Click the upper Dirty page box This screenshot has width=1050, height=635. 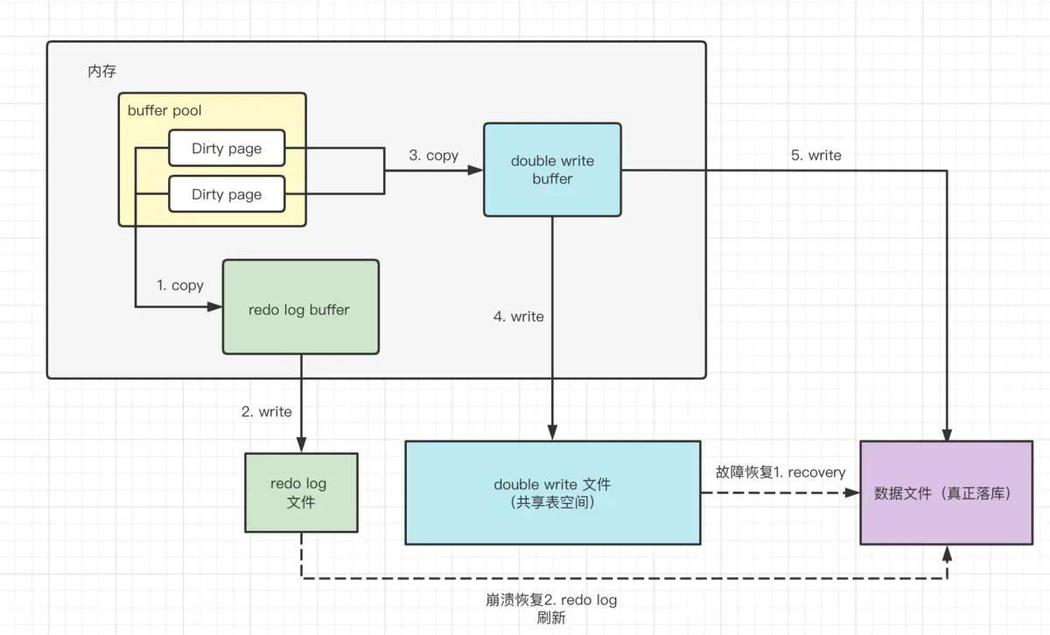(x=227, y=148)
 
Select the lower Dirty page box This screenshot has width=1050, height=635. (x=227, y=194)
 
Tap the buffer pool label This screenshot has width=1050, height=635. (x=164, y=110)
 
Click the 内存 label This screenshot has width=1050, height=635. (x=101, y=72)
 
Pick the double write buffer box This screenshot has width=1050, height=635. (x=552, y=170)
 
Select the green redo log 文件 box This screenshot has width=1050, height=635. (x=301, y=492)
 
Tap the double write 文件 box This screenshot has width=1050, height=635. (x=552, y=492)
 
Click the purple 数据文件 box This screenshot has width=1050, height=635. (x=946, y=492)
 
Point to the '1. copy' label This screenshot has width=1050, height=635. (x=180, y=285)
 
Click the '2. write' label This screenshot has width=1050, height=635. (x=267, y=411)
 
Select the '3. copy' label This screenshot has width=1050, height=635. (x=433, y=156)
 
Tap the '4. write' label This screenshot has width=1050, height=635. (x=518, y=317)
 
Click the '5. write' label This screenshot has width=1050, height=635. (x=815, y=156)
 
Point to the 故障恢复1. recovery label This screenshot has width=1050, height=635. (x=780, y=472)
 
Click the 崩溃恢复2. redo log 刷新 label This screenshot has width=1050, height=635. (x=551, y=608)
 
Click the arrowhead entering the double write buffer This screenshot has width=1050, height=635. (x=476, y=170)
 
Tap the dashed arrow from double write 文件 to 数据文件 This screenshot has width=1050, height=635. (x=779, y=492)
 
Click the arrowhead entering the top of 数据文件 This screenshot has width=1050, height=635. (x=946, y=434)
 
